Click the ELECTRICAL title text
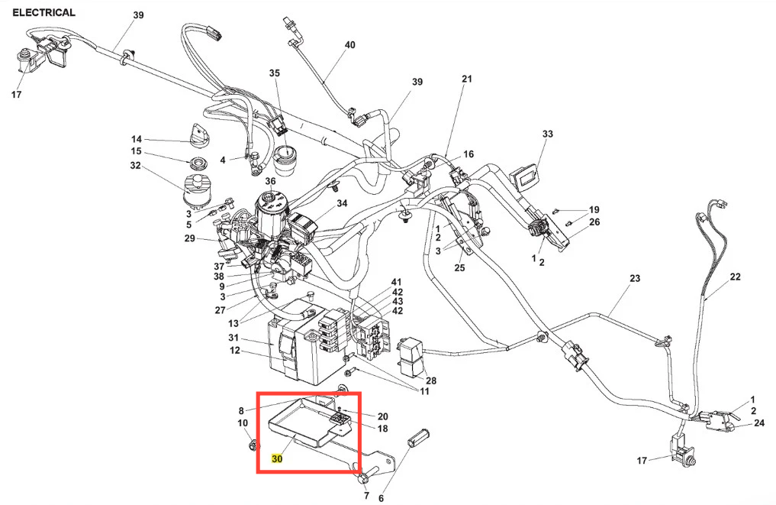coord(43,12)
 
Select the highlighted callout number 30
coord(277,459)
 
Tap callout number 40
coord(349,45)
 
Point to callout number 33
coord(547,134)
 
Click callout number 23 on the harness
coord(635,279)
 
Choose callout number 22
coord(735,277)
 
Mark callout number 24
coord(759,423)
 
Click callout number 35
coord(275,73)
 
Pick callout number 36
coord(270,181)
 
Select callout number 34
coord(342,203)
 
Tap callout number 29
coord(190,239)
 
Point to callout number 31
coord(234,338)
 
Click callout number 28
coord(431,380)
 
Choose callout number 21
coord(467,79)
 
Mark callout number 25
coord(459,267)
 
